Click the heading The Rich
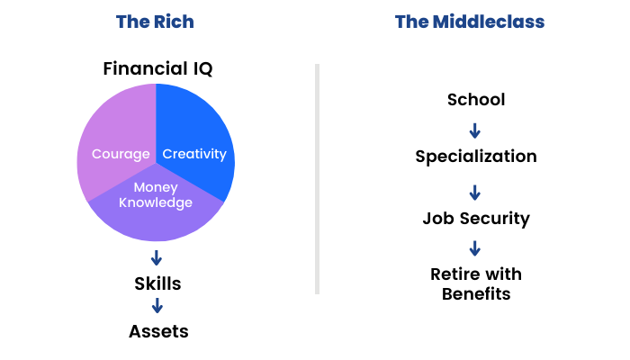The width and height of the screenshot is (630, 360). [x=155, y=22]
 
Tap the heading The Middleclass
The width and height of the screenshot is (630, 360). [x=470, y=22]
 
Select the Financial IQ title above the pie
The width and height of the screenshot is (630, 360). [x=157, y=68]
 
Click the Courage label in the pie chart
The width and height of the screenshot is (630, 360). [x=121, y=154]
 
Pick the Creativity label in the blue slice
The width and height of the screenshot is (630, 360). [x=194, y=154]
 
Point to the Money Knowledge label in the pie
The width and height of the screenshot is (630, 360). [x=156, y=195]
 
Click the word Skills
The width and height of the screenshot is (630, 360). [x=157, y=283]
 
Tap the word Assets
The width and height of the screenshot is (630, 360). [x=158, y=331]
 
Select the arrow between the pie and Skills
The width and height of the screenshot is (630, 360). [x=157, y=258]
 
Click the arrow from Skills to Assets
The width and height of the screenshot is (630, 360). [x=157, y=305]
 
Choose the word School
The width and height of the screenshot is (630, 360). [x=476, y=100]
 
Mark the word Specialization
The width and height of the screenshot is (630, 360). [x=476, y=157]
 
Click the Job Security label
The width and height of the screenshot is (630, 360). [x=476, y=219]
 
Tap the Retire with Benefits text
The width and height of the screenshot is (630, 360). [x=476, y=284]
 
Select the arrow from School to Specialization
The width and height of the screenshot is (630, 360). [x=475, y=131]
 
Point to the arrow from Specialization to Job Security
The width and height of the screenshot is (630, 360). [x=475, y=193]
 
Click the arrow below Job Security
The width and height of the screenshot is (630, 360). [x=475, y=248]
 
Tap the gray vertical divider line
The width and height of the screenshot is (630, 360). [x=318, y=179]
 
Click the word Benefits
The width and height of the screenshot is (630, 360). [x=476, y=294]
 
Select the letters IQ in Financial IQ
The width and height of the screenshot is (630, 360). [x=202, y=68]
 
